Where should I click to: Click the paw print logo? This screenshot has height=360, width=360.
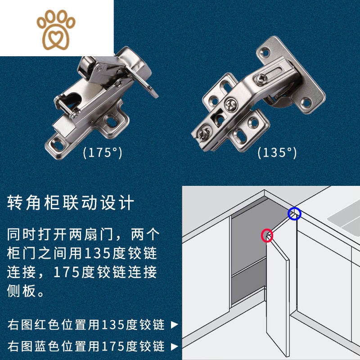click(x=56, y=28)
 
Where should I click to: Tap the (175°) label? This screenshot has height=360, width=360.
click(x=102, y=153)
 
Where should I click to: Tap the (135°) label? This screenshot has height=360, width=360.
click(x=277, y=153)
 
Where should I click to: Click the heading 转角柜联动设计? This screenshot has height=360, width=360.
click(x=71, y=203)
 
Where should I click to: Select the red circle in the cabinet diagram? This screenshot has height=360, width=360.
click(x=267, y=235)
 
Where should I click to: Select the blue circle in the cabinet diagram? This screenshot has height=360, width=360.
click(x=294, y=214)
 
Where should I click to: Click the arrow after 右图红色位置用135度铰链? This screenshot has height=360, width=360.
click(x=175, y=324)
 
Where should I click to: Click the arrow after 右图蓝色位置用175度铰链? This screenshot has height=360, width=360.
click(x=175, y=346)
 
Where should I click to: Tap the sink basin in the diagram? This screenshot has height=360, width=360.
click(x=344, y=220)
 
